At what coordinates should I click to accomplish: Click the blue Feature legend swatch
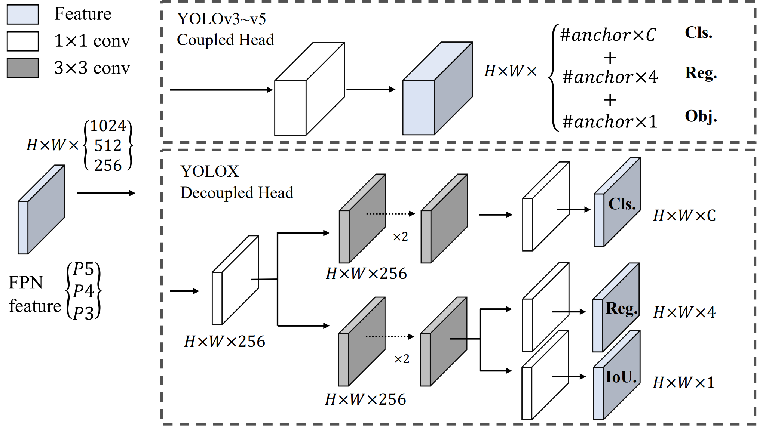22,15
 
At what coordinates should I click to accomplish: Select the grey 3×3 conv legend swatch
22,68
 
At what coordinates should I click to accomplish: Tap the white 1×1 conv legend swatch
22,41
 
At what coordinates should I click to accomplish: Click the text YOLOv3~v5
221,19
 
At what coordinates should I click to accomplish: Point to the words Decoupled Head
237,193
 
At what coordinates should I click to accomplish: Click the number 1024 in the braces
108,126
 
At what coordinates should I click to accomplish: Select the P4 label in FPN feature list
83,291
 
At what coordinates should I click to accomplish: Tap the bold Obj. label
701,116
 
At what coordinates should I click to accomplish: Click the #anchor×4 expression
610,77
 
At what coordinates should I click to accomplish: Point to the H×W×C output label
684,216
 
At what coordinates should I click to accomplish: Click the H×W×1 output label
684,383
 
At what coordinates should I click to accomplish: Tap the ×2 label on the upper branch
400,237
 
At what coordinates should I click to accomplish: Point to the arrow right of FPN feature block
106,193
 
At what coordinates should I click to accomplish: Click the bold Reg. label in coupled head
701,73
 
